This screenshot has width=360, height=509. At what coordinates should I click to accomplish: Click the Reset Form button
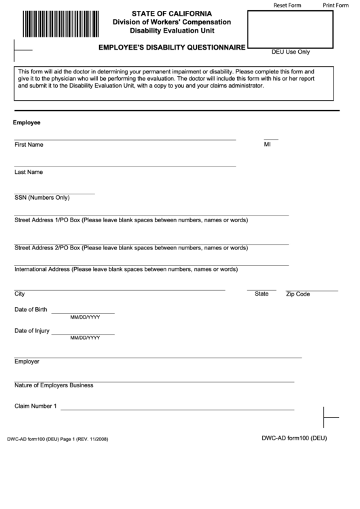pyautogui.click(x=287, y=5)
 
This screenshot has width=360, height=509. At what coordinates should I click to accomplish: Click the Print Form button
pyautogui.click(x=338, y=5)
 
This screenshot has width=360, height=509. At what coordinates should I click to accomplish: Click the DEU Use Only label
pyautogui.click(x=290, y=52)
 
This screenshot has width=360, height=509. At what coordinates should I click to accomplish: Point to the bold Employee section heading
pyautogui.click(x=26, y=123)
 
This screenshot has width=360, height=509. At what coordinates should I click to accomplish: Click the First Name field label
pyautogui.click(x=29, y=145)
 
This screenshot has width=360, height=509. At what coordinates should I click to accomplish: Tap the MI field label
pyautogui.click(x=267, y=145)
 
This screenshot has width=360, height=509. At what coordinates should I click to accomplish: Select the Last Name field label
pyautogui.click(x=29, y=172)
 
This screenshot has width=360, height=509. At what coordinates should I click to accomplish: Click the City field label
pyautogui.click(x=20, y=294)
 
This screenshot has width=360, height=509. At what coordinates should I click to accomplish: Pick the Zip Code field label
pyautogui.click(x=298, y=294)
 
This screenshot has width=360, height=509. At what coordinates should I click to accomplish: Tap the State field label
pyautogui.click(x=262, y=294)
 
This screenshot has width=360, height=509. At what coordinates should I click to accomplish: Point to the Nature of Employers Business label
pyautogui.click(x=54, y=385)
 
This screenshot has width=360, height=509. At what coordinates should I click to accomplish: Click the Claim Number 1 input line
pyautogui.click(x=177, y=408)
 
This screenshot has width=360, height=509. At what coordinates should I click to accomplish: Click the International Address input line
pyautogui.click(x=151, y=264)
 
